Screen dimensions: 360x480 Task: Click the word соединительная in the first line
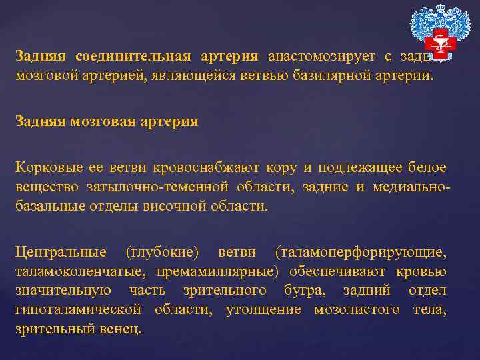point(133,57)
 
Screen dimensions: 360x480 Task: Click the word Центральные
point(61,253)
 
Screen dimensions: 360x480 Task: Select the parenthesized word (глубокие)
point(162,253)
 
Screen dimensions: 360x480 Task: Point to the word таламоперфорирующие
point(360,253)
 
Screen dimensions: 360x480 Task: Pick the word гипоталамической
point(79,309)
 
